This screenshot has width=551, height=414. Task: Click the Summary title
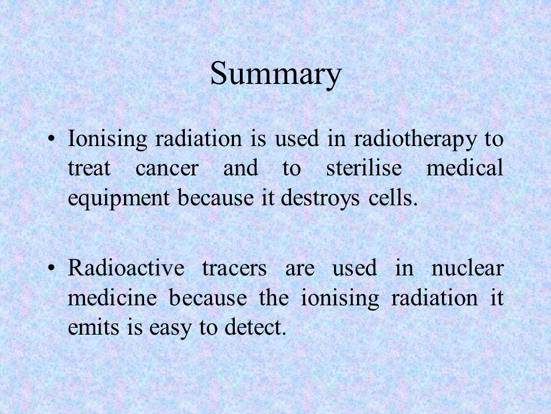[x=276, y=74]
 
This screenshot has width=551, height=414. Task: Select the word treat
[x=90, y=168]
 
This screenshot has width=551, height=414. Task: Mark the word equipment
[x=119, y=198]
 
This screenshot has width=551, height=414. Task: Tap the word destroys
[x=320, y=198]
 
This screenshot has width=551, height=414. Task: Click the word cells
[x=393, y=197]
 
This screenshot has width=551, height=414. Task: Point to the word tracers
[x=234, y=269]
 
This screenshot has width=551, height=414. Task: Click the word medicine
[x=112, y=297]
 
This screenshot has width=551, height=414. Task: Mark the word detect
[x=255, y=327]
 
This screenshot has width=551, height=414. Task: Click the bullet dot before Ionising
[x=51, y=139]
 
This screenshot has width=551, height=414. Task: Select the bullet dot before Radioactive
[x=51, y=269]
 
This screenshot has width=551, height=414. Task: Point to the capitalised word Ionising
[x=107, y=139]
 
